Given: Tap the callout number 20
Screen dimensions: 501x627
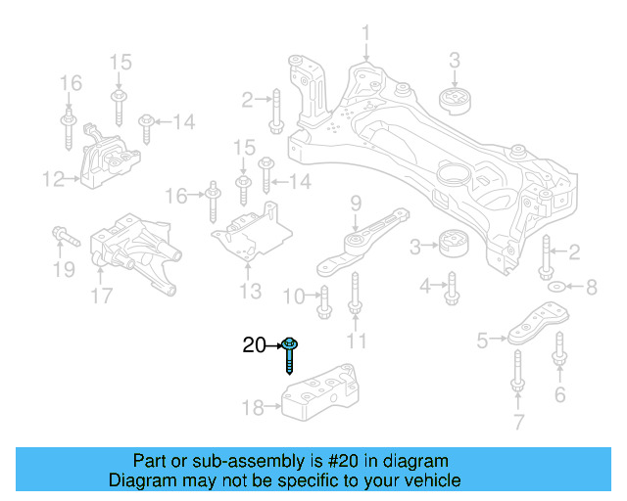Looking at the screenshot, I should pyautogui.click(x=254, y=345).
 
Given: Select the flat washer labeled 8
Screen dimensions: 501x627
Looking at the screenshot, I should pyautogui.click(x=556, y=288).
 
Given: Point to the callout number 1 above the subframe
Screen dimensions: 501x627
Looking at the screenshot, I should pyautogui.click(x=365, y=36).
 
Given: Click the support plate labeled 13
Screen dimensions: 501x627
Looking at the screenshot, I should pyautogui.click(x=253, y=236).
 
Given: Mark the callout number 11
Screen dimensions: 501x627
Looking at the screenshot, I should pyautogui.click(x=356, y=341).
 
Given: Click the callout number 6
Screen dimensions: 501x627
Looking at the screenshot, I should pyautogui.click(x=559, y=395).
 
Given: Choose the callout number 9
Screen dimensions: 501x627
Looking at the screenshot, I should pyautogui.click(x=356, y=203).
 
